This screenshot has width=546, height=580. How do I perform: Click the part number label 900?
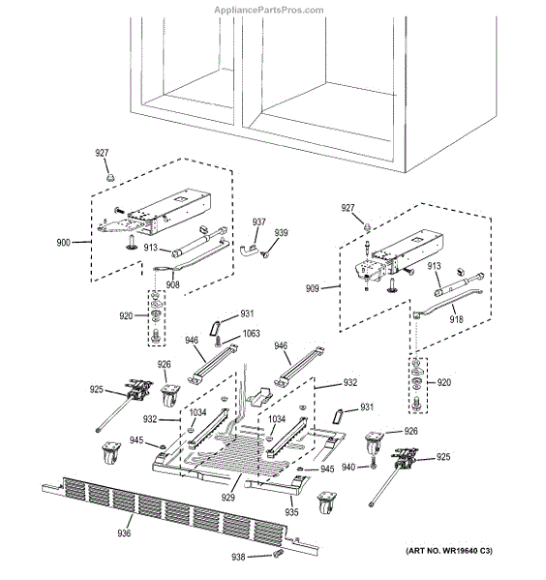click(x=63, y=243)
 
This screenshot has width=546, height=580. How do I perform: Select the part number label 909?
click(x=312, y=288)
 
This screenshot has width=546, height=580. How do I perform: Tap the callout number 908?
click(x=172, y=284)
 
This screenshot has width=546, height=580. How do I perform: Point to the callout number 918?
click(x=456, y=319)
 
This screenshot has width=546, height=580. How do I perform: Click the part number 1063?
click(x=251, y=333)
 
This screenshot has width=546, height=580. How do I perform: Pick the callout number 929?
click(x=228, y=498)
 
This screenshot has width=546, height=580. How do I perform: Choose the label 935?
click(x=291, y=512)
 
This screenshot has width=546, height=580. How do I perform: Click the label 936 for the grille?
click(x=124, y=533)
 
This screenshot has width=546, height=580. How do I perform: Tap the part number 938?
click(x=238, y=557)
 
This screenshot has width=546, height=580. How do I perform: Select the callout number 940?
click(x=349, y=467)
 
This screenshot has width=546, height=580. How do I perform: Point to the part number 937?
click(x=258, y=222)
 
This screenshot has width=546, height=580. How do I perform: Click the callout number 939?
click(x=281, y=233)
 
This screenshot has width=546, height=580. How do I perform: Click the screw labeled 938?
click(x=278, y=554)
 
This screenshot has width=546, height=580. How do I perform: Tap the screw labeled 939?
click(x=265, y=254)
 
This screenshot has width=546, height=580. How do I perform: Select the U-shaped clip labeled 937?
click(x=248, y=249)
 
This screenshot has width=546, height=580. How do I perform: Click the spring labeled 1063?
click(x=218, y=341)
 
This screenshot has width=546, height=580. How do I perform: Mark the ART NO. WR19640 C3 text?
click(x=449, y=551)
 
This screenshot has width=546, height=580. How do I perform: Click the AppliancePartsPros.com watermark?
click(x=269, y=10)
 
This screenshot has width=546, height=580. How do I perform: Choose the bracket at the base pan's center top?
click(x=260, y=395)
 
